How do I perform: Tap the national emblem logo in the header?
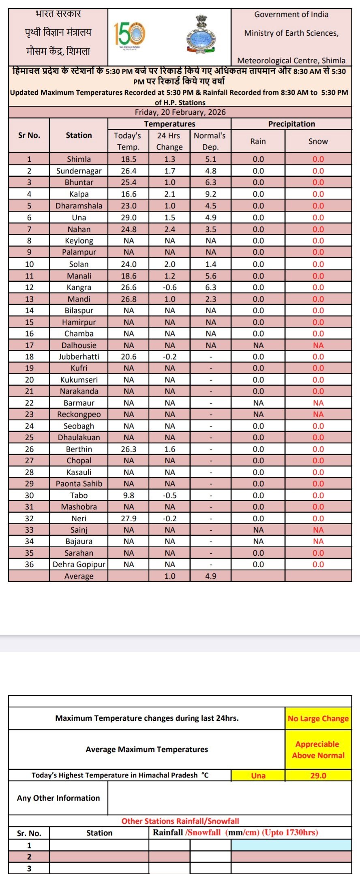pos(201,35)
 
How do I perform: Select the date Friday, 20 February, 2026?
pos(180,112)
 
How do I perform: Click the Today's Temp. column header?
pos(128,141)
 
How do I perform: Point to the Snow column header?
pos(318,141)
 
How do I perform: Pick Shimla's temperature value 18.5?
pos(129,159)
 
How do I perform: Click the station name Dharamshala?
pos(79,206)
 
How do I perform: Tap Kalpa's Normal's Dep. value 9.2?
pos(210,194)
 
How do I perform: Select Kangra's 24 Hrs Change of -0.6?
pos(169,287)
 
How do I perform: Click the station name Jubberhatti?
pos(79,357)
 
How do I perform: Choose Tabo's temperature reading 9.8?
pos(129,495)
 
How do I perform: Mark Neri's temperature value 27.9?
pos(129,518)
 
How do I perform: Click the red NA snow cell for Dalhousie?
pos(318,345)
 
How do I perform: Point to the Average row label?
pos(79,576)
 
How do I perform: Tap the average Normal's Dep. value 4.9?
pos(210,576)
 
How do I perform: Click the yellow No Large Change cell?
pos(318,718)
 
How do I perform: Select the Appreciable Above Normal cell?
pos(318,750)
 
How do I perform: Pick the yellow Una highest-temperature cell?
pos(258,775)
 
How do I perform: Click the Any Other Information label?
pos(58,798)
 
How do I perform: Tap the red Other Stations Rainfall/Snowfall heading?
pos(180,821)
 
